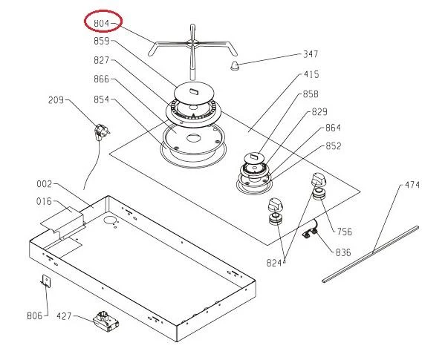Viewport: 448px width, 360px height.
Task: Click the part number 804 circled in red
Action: (x=102, y=23)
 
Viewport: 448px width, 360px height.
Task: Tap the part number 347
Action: (x=311, y=53)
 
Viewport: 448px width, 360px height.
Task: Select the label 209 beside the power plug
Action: (x=56, y=100)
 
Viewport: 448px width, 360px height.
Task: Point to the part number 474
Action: (x=412, y=185)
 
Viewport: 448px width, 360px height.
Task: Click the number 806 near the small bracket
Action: (x=35, y=315)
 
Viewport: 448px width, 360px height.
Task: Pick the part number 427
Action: (x=64, y=316)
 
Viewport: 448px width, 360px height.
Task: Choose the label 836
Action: (x=343, y=252)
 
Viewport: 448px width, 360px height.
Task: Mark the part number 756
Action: (x=345, y=232)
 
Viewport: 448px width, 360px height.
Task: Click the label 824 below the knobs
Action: (x=274, y=263)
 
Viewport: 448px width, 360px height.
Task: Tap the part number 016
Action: (x=44, y=202)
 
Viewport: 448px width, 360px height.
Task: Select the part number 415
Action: (x=311, y=74)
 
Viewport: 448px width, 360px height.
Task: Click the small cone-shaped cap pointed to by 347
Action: (x=235, y=65)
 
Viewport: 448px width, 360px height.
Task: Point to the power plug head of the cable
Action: (x=102, y=132)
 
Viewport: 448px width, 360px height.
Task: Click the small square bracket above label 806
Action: (x=46, y=281)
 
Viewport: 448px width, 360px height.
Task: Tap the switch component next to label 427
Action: (x=105, y=321)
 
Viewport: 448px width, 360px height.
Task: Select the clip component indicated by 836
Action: (x=311, y=232)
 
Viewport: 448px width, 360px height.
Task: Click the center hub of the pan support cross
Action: (x=192, y=43)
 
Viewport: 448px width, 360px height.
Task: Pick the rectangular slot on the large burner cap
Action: (x=195, y=91)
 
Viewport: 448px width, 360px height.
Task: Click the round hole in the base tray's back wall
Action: (x=110, y=220)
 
